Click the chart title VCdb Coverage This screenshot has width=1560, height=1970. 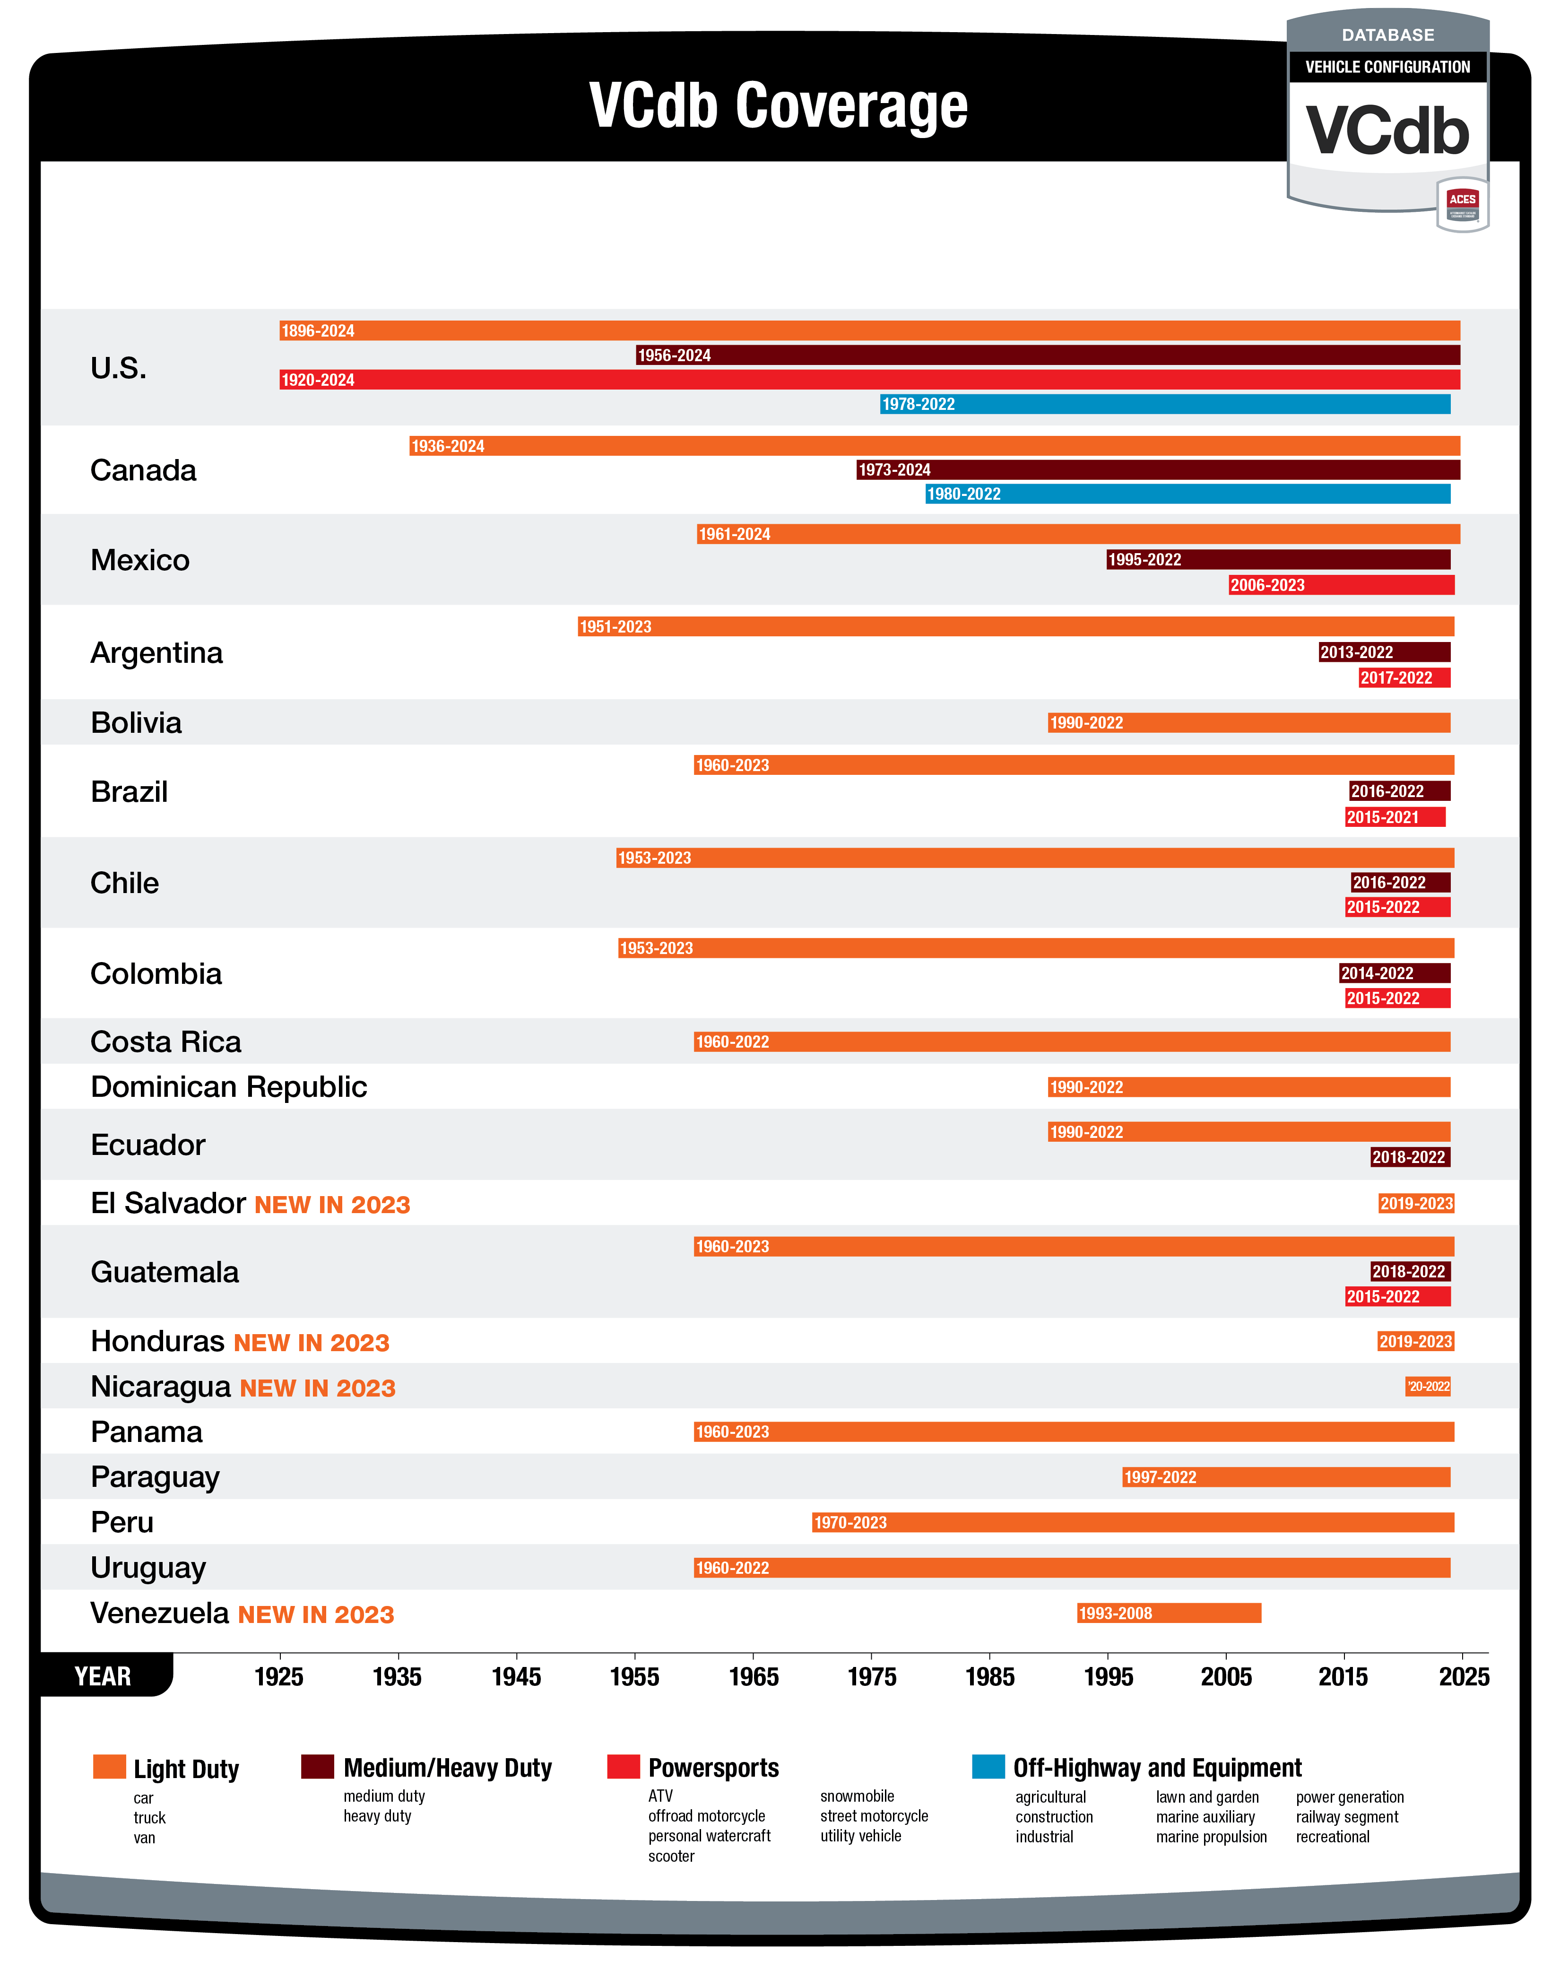(x=778, y=106)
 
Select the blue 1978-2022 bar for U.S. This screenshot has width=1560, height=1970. (x=1164, y=404)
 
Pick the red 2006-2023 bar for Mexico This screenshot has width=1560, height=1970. (x=1341, y=584)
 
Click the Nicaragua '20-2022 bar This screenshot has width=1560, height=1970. (x=1428, y=1387)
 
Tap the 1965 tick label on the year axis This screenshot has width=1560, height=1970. (x=754, y=1677)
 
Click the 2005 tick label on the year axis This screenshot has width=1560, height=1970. (x=1226, y=1677)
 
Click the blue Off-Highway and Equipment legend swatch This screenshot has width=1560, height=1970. (x=988, y=1766)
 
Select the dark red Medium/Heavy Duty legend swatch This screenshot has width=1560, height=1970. (x=317, y=1766)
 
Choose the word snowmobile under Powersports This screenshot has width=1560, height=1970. (x=857, y=1796)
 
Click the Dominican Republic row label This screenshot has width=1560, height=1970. (x=228, y=1087)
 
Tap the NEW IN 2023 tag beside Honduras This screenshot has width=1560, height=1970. (x=312, y=1343)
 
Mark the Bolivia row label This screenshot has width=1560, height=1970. (x=136, y=722)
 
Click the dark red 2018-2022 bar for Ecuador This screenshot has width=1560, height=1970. (x=1409, y=1157)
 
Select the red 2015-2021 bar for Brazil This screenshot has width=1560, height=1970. (x=1395, y=816)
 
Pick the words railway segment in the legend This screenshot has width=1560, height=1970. (x=1346, y=1816)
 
